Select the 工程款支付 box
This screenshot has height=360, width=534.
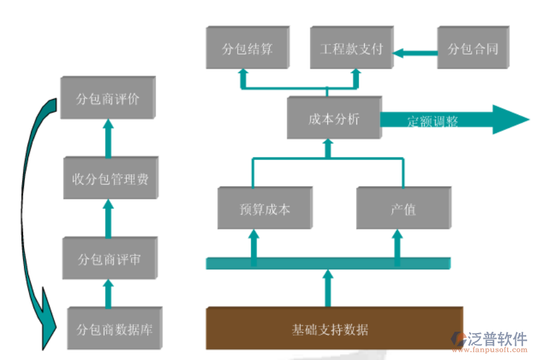point(351,48)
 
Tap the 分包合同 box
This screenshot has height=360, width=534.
point(472,48)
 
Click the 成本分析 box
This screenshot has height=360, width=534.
point(334,118)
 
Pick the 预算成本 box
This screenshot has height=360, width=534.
point(264,209)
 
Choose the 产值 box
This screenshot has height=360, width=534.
point(403,209)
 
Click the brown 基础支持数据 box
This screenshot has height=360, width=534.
point(334,328)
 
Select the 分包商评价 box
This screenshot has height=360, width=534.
point(107,99)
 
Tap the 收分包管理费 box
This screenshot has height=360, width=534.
point(110,178)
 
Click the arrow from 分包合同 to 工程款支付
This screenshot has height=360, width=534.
point(414,52)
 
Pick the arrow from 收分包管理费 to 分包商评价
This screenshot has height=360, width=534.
point(108,138)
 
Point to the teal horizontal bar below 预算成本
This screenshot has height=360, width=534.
point(328,262)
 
